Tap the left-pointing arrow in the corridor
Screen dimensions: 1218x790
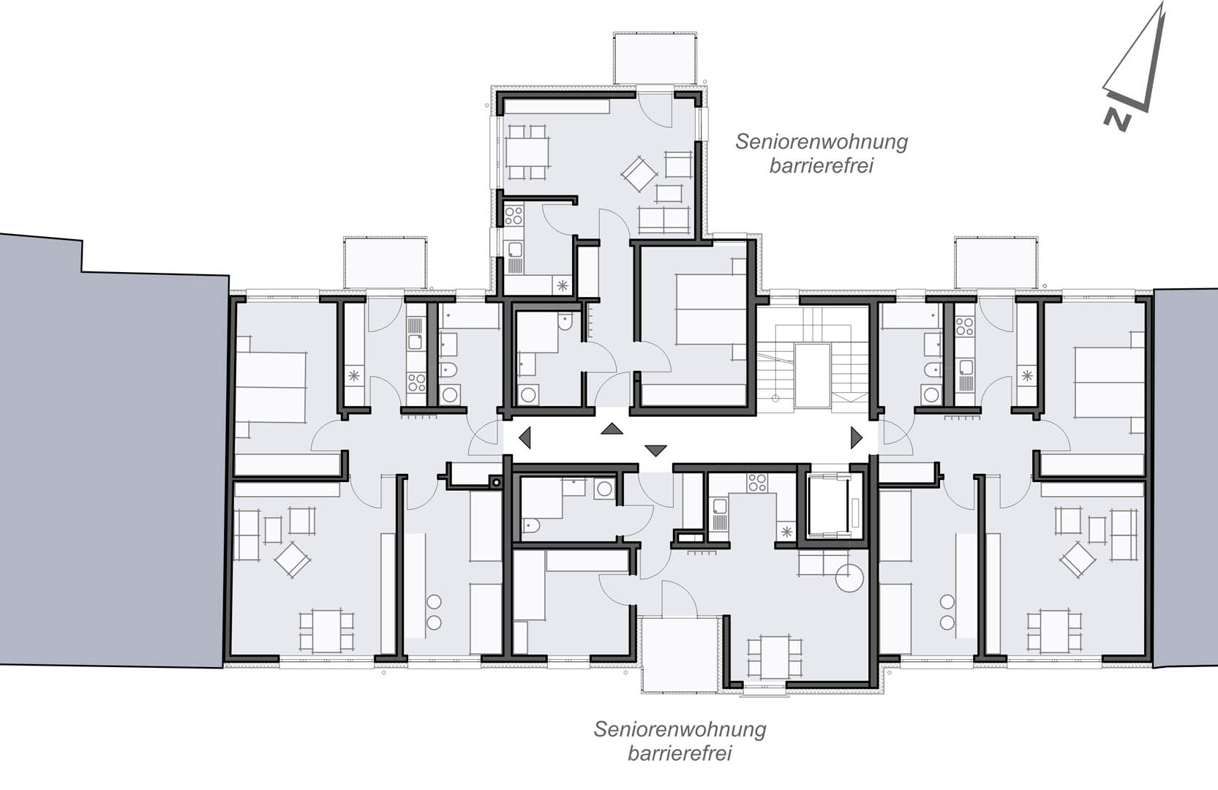[525, 437]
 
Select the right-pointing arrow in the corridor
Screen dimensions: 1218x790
[857, 437]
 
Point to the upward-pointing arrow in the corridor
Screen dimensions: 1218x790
[612, 429]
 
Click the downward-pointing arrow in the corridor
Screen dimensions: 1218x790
[655, 450]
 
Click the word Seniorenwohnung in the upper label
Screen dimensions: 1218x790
[822, 142]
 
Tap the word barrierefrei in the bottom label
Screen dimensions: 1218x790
[680, 753]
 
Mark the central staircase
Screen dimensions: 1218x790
[813, 357]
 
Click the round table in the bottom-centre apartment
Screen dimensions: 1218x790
[849, 578]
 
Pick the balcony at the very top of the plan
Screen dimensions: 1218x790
[655, 59]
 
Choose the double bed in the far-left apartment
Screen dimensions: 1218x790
[270, 387]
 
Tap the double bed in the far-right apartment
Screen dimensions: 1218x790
[1109, 383]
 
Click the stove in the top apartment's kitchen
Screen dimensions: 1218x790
[514, 215]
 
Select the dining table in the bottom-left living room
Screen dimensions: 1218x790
[326, 631]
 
